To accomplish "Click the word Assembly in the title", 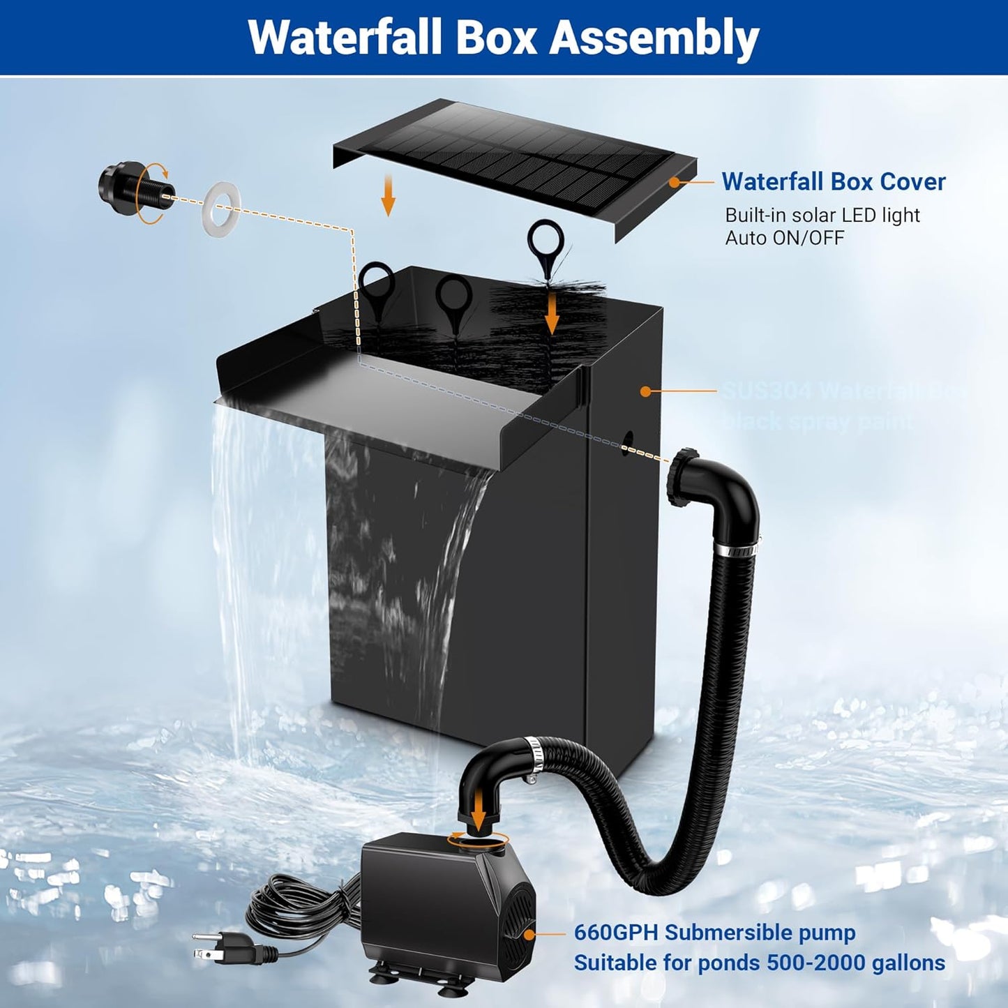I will click(654, 38).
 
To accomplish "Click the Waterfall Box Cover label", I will click(833, 181).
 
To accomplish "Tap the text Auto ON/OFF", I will click(784, 238).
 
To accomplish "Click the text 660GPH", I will click(616, 932).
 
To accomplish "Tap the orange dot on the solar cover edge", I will click(675, 181).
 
